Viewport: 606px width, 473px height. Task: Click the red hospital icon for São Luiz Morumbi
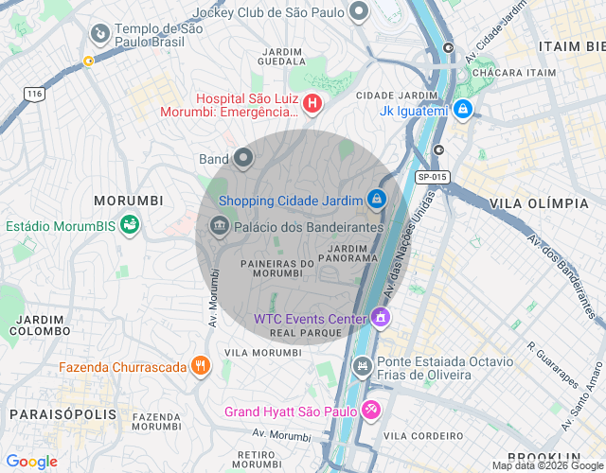point(312,102)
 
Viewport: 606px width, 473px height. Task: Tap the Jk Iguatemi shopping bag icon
point(462,111)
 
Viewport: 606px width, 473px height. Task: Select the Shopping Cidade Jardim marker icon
point(377,200)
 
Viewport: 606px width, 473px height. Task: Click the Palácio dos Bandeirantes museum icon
point(220,226)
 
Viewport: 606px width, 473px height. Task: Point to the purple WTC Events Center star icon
point(381,318)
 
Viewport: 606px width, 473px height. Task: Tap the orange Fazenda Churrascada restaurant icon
point(200,366)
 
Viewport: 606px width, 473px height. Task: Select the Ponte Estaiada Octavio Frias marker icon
point(362,366)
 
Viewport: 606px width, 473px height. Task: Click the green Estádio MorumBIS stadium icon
point(129,225)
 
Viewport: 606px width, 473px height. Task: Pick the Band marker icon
point(243,158)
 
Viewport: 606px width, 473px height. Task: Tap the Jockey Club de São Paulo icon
point(358,12)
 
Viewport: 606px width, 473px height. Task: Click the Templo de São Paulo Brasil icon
point(98,35)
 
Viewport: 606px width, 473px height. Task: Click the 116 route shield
point(35,94)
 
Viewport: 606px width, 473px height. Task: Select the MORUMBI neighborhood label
point(129,201)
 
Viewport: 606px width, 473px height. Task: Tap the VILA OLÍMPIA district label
point(539,203)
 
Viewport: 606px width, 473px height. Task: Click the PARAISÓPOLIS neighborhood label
point(62,414)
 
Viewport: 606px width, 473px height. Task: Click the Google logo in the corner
point(30,462)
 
